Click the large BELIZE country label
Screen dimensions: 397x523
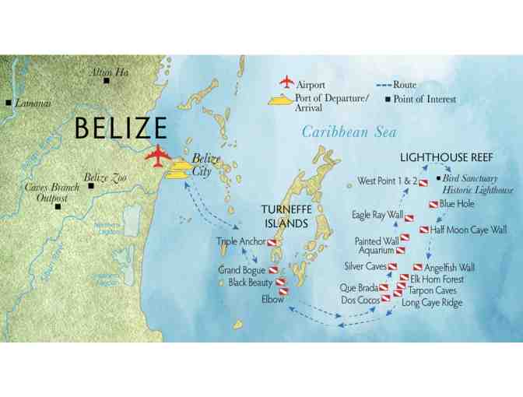point(121,128)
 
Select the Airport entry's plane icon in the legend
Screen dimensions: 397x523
point(286,83)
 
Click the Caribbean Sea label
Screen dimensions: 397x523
point(349,132)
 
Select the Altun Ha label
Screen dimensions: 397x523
point(109,72)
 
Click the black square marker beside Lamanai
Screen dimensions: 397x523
point(8,103)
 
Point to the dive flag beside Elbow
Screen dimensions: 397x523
point(283,293)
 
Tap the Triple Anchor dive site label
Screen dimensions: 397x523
point(241,242)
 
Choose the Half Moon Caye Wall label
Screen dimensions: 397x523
point(468,230)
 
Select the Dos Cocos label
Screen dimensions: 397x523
point(360,300)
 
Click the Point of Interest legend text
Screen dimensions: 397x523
point(425,99)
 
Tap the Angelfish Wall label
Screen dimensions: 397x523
point(451,267)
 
